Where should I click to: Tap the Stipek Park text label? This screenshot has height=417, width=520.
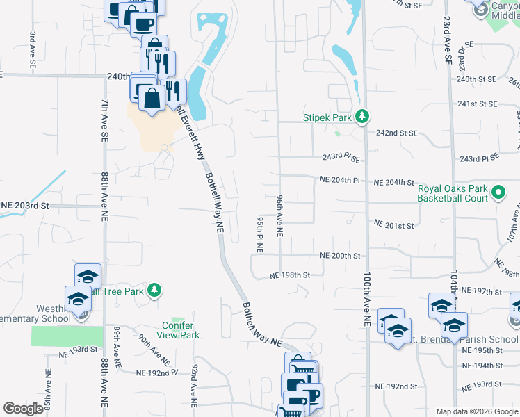pos(328,117)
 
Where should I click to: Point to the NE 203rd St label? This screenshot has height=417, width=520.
pos(26,206)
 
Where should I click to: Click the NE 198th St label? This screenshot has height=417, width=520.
pos(289,276)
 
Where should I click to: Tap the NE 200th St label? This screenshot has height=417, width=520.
pos(340,256)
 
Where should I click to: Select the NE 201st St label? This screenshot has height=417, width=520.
pos(393,225)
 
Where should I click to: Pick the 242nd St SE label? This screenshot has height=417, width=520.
pos(396,132)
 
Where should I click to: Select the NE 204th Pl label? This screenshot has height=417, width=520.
pos(339,180)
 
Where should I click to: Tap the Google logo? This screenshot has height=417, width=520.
pos(24,409)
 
